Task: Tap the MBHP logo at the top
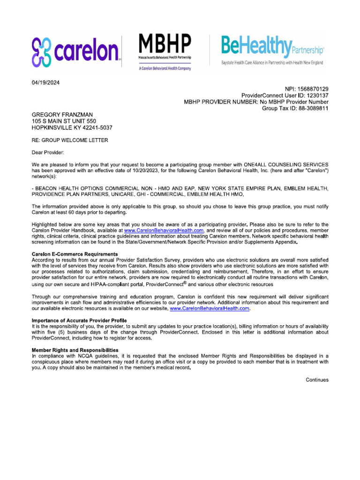click(x=165, y=52)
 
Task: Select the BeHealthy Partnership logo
click(x=272, y=51)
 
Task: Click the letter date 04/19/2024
click(x=45, y=83)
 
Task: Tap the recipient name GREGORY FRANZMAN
click(x=63, y=115)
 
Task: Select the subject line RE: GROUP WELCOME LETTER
click(x=69, y=140)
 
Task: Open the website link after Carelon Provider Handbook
click(x=164, y=231)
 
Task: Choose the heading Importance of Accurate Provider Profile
click(x=79, y=320)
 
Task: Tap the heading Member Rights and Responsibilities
click(x=75, y=350)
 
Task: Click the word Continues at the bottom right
click(x=317, y=380)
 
